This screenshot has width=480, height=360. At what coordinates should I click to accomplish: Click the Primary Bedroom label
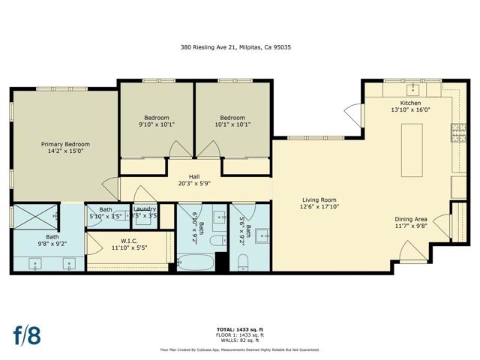click(x=65, y=144)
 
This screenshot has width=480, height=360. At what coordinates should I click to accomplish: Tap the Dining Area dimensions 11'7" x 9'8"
click(x=411, y=226)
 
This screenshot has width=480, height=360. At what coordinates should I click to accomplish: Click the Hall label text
click(x=194, y=177)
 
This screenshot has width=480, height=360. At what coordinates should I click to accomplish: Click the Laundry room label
click(x=145, y=209)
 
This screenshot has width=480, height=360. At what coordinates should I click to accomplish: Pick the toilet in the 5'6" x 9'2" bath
click(x=242, y=262)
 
